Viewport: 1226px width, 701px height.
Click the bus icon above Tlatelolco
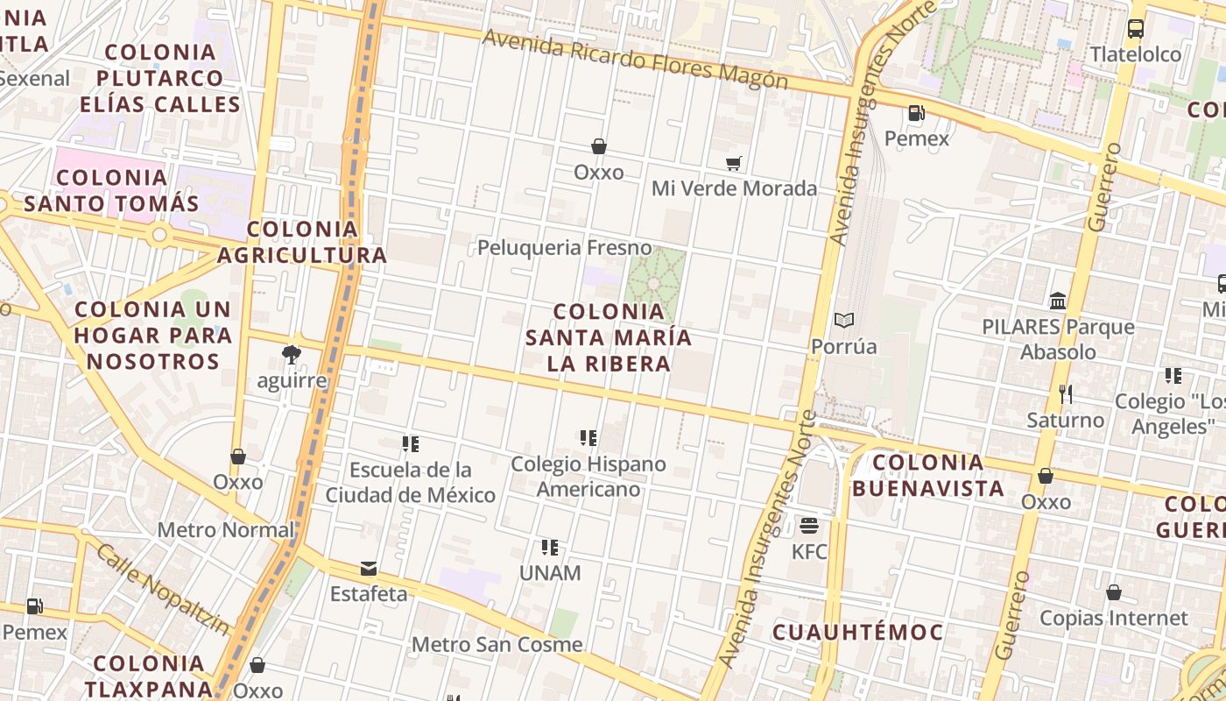[1136, 28]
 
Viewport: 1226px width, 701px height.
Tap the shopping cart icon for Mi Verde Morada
[734, 163]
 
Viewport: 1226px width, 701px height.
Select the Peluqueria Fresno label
[565, 248]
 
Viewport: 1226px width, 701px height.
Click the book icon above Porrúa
[843, 321]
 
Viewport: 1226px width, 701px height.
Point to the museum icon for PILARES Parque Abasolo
[1058, 301]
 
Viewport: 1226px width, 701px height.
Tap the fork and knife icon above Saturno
[1066, 394]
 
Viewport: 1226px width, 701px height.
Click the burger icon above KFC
[809, 526]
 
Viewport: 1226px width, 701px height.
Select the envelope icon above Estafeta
[369, 569]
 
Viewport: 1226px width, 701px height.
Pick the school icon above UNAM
[550, 548]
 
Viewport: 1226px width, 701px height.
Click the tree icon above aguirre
[292, 355]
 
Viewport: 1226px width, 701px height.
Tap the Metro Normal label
[226, 530]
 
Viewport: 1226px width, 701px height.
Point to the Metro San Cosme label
[497, 645]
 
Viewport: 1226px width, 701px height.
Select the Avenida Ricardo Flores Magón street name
[635, 60]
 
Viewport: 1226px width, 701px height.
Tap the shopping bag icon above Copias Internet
[1114, 593]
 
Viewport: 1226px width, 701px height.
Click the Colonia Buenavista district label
[928, 475]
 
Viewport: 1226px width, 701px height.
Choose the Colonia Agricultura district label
[302, 242]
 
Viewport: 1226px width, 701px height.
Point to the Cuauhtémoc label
[858, 632]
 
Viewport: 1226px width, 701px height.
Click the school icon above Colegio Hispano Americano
[588, 437]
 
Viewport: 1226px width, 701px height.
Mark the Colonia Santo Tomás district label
[111, 190]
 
